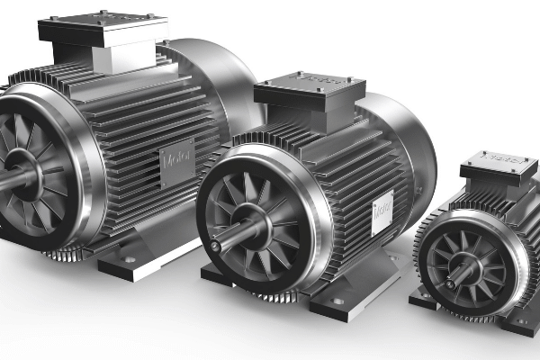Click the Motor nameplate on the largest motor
[x=176, y=162]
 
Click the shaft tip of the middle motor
[x=217, y=241]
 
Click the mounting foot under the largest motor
[x=135, y=261]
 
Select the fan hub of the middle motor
[x=253, y=227]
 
